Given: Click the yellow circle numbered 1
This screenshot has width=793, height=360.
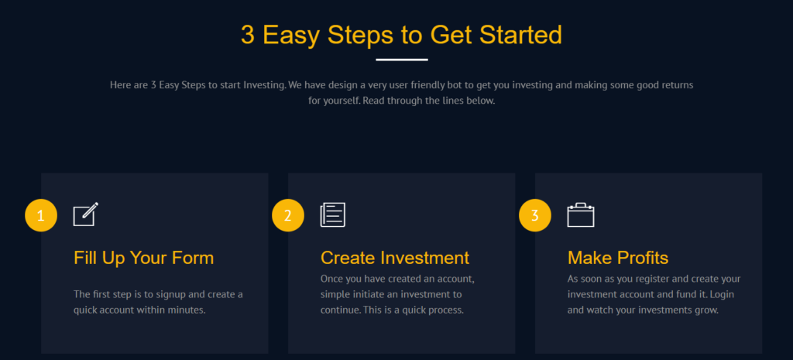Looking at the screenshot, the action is click(41, 215).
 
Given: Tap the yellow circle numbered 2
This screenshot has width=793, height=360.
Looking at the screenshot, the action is click(288, 215).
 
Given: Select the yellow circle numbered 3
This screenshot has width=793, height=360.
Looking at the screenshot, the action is click(535, 215).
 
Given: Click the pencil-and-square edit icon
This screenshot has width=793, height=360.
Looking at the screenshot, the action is click(85, 214).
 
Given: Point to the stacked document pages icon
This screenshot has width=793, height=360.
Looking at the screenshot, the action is click(333, 215).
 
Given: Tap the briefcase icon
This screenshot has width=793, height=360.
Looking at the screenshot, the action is click(581, 215).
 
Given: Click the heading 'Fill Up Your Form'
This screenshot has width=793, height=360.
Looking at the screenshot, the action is click(143, 258).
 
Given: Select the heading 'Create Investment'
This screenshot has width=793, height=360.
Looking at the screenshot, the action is click(395, 258).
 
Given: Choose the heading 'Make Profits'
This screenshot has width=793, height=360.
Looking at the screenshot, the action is click(618, 258).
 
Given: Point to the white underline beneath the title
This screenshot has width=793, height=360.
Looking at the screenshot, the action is click(402, 60).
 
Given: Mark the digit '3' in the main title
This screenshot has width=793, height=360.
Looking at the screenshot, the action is click(248, 35).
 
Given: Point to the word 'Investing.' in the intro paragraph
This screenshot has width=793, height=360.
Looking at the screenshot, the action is click(266, 85).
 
